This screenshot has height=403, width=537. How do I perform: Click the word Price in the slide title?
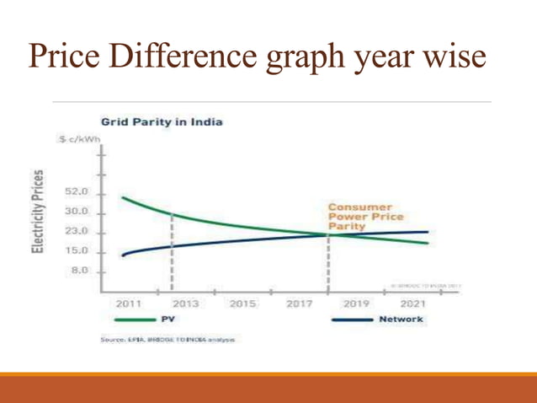pos(72,57)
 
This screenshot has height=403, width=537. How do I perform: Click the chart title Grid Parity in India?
pos(161,122)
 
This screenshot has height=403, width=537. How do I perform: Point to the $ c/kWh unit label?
pos(79,140)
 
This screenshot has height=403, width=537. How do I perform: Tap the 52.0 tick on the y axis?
pos(77,193)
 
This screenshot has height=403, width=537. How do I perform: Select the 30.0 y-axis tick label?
pos(77,212)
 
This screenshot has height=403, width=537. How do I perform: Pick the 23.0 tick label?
pos(77,232)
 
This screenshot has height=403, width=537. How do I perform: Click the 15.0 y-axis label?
pos(77,251)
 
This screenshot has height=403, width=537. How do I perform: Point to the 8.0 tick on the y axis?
pos(79,271)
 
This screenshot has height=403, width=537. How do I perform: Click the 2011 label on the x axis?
pos(127,303)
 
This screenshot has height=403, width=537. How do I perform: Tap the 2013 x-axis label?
pos(185,303)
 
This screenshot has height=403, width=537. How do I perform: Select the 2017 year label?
pos(299,303)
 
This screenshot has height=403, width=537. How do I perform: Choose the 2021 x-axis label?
pos(412,303)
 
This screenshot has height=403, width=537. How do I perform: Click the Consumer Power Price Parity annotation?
pos(360,216)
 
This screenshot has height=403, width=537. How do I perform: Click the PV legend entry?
pos(167,320)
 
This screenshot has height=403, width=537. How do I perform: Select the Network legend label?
pos(401,320)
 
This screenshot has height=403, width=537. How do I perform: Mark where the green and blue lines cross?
pos(327,234)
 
